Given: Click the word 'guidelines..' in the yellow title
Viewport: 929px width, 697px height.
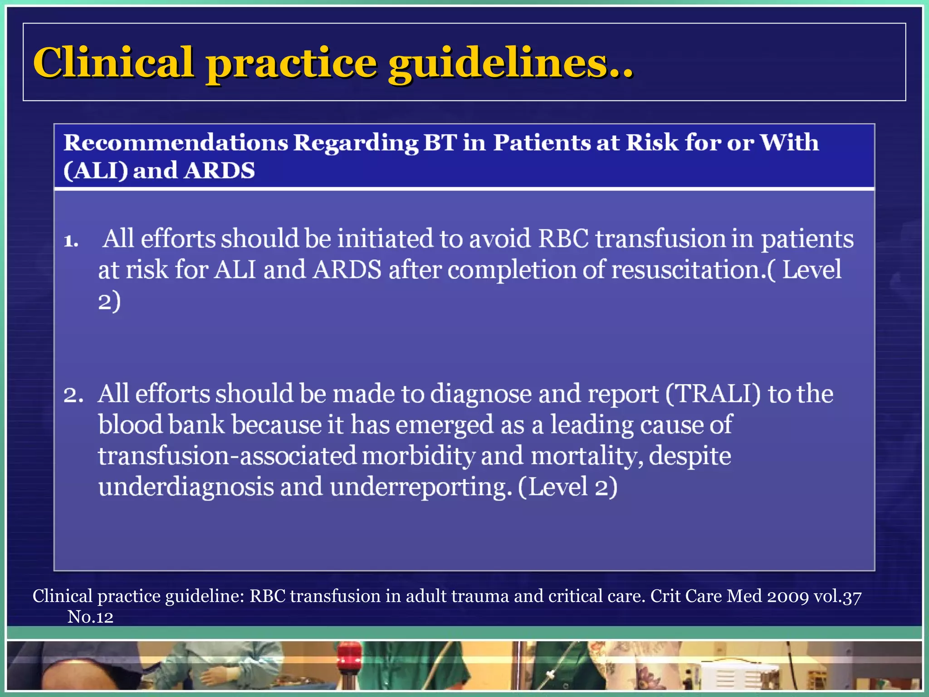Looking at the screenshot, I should click(510, 64).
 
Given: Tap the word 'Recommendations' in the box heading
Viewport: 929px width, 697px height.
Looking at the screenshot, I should click(176, 143).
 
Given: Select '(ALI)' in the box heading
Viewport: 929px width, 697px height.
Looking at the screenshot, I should click(95, 171).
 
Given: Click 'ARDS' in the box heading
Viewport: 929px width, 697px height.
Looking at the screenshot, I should click(220, 171).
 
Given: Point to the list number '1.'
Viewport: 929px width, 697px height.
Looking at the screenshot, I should click(71, 241).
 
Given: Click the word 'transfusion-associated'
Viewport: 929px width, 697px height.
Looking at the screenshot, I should click(227, 456).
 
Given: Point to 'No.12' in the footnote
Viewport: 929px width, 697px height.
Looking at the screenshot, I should click(90, 617).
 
